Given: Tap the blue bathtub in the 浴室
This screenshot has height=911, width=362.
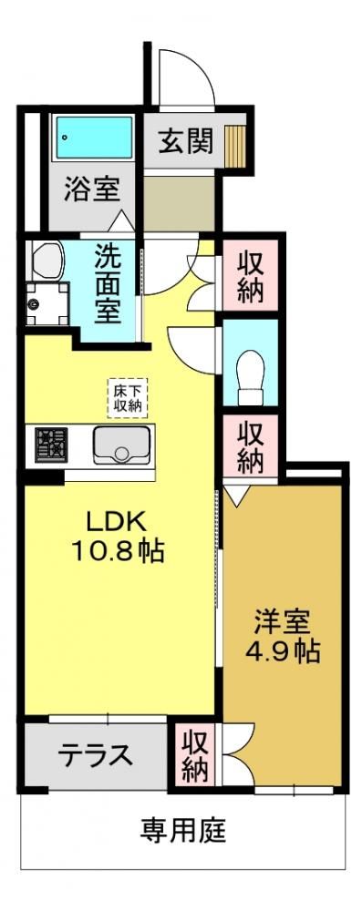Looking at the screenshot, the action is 93,138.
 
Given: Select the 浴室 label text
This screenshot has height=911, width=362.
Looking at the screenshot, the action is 91,190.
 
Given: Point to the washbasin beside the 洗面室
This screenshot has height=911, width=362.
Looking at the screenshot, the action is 47,261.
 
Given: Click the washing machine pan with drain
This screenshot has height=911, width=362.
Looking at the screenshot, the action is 47,304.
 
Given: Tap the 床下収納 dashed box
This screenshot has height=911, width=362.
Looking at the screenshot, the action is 128,398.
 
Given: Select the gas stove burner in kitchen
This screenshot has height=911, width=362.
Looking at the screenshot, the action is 51,445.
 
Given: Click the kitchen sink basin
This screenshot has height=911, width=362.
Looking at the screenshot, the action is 122,445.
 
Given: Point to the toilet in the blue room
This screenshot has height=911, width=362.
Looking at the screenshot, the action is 252,376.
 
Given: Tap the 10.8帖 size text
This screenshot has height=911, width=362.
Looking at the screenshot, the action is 119,550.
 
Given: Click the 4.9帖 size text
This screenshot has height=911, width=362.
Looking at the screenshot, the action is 283,652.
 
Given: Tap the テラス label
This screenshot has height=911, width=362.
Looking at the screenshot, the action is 96,755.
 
